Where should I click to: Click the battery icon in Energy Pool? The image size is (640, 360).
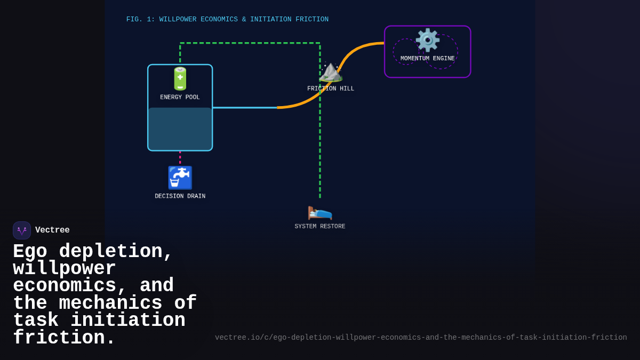pyautogui.click(x=180, y=79)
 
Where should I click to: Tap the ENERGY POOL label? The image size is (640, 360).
pyautogui.click(x=180, y=98)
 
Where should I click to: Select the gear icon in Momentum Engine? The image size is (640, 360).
pyautogui.click(x=427, y=40)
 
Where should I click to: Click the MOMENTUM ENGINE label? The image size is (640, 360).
pyautogui.click(x=427, y=59)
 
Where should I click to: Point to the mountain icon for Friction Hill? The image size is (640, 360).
pyautogui.click(x=331, y=72)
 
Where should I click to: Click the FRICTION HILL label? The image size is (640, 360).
pyautogui.click(x=331, y=89)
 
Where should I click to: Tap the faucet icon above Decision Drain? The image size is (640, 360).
pyautogui.click(x=180, y=178)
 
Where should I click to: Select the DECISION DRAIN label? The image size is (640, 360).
pyautogui.click(x=180, y=196)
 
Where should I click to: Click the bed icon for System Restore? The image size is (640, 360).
pyautogui.click(x=320, y=211)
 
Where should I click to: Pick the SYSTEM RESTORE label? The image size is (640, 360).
pyautogui.click(x=320, y=227)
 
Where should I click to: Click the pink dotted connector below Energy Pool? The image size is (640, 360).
pyautogui.click(x=180, y=157)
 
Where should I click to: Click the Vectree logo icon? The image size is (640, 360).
pyautogui.click(x=22, y=230)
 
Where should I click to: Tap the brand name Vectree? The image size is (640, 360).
pyautogui.click(x=52, y=230)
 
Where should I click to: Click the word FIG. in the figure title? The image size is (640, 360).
pyautogui.click(x=134, y=20)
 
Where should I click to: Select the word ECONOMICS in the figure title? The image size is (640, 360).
pyautogui.click(x=219, y=20)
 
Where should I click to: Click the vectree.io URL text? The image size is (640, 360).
pyautogui.click(x=421, y=338)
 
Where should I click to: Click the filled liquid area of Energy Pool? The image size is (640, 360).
pyautogui.click(x=180, y=129)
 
